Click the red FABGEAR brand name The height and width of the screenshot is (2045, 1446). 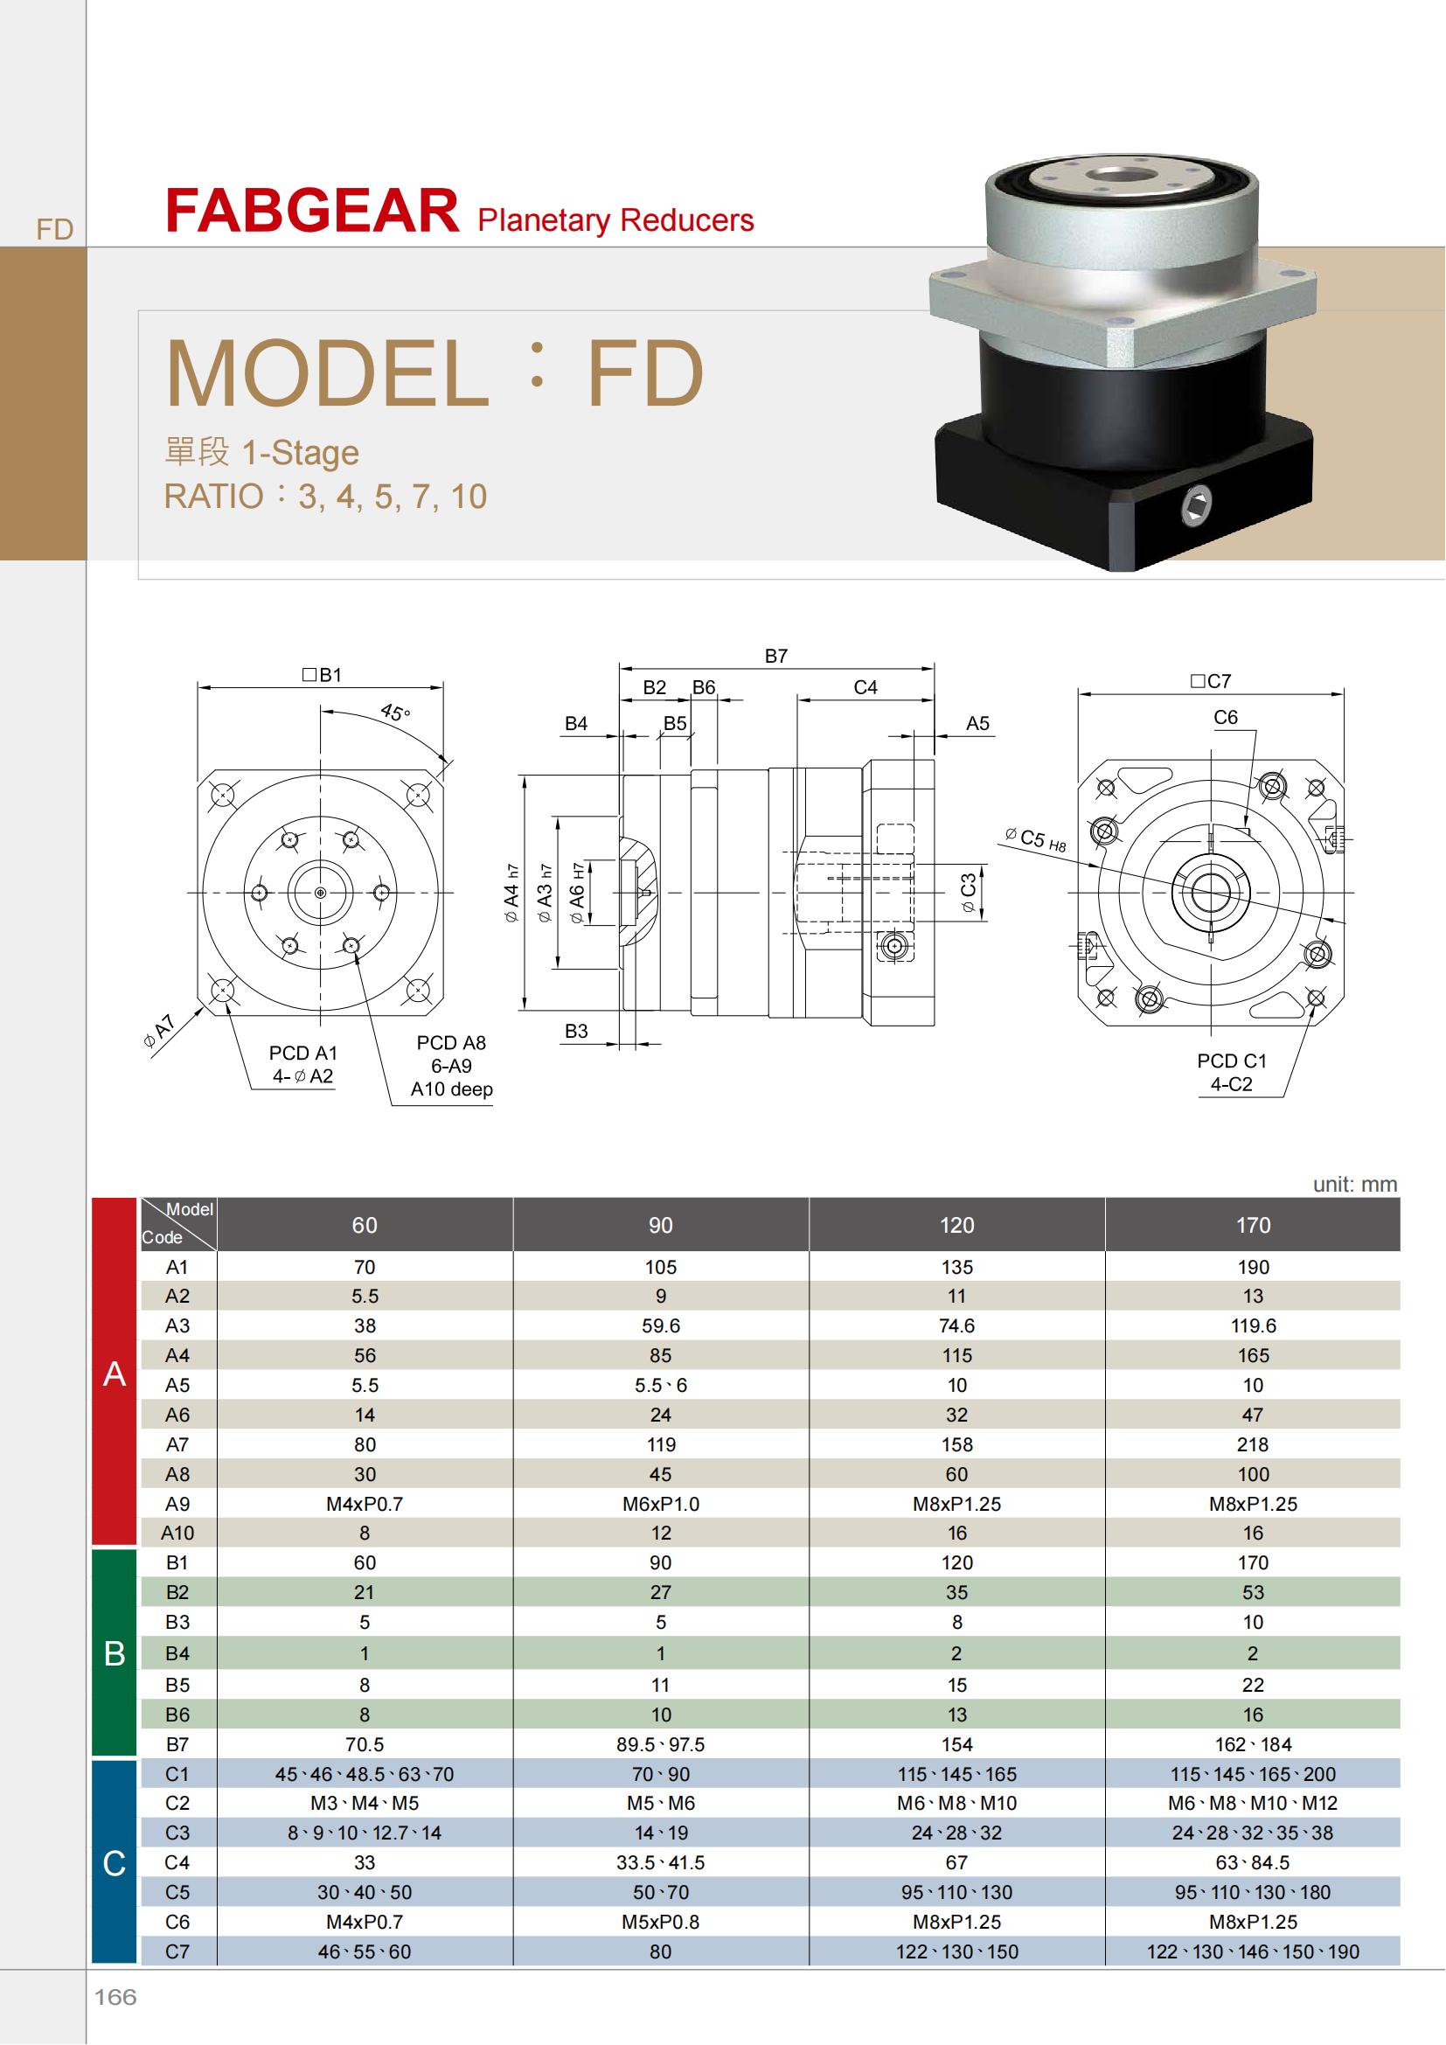311,211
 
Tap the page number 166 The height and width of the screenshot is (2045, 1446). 115,1997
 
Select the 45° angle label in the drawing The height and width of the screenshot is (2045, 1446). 394,713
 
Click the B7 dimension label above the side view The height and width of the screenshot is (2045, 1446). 775,656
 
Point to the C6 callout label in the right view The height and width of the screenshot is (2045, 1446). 1225,717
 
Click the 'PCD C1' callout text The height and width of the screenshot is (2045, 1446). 1232,1061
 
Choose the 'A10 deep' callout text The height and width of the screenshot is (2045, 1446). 451,1089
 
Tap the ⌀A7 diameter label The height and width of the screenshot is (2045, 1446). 161,1030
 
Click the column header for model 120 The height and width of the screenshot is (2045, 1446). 956,1226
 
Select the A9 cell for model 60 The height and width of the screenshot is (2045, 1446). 365,1504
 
